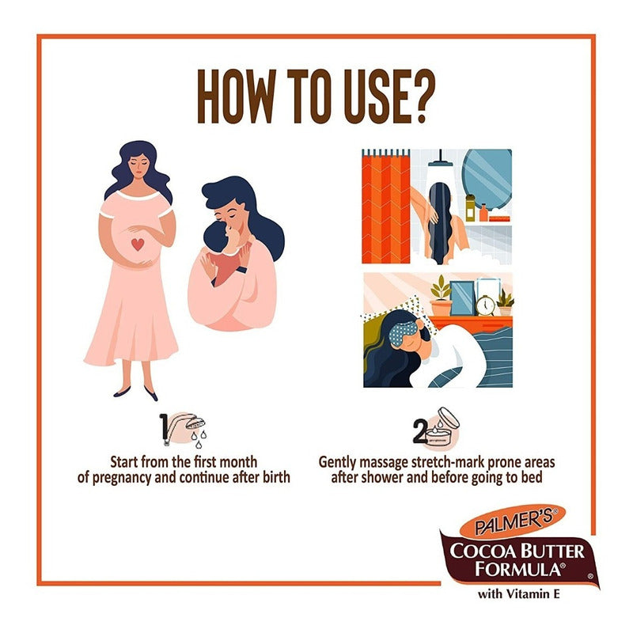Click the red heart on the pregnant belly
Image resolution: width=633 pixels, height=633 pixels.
pos(138,244)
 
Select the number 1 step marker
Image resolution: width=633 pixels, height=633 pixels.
pos(164,429)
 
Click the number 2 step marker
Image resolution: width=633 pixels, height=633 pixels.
pos(419,432)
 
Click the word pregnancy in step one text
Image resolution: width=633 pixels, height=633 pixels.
pos(122,478)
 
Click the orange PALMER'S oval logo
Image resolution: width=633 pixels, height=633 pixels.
pos(513,521)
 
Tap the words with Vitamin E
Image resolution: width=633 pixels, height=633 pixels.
pos(519,594)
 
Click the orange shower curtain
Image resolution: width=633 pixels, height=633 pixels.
pos(386,207)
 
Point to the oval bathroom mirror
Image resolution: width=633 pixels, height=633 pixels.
pos(487,176)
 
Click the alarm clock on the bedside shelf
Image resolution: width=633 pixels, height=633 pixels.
pos(485,305)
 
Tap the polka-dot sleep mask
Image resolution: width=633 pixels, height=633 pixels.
pos(404,332)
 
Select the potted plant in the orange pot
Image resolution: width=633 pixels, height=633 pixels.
pos(441,297)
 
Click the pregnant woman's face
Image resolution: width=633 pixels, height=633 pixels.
pos(140,166)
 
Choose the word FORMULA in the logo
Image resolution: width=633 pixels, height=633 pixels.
pos(517,569)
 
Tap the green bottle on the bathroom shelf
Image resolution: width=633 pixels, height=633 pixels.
pos(470,207)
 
